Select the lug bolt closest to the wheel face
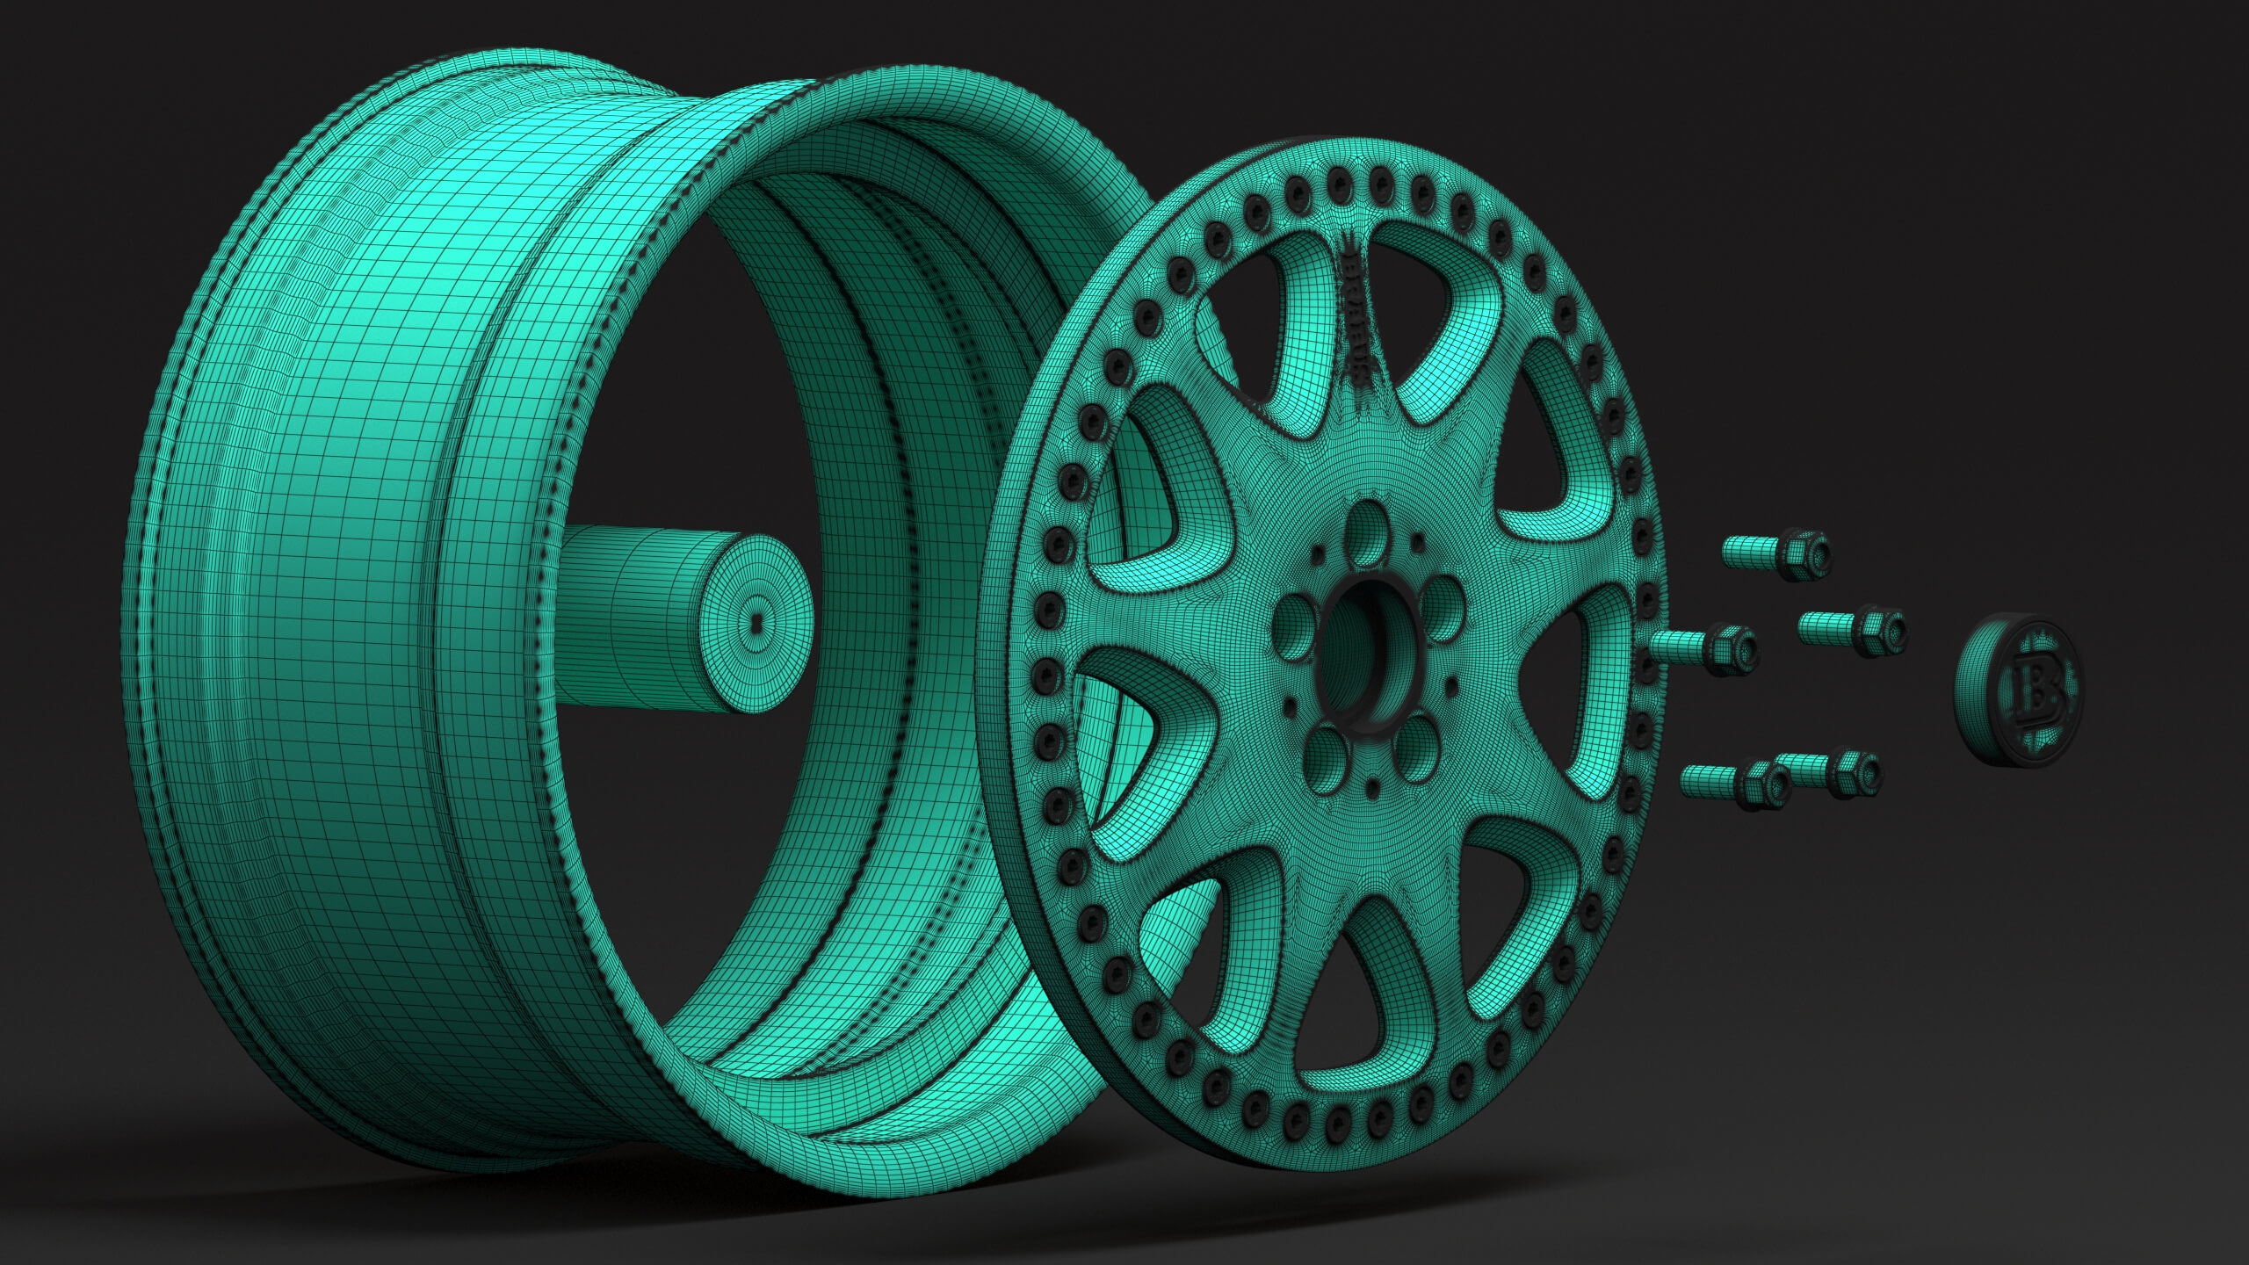coord(1704,649)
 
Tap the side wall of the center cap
coord(1971,703)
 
